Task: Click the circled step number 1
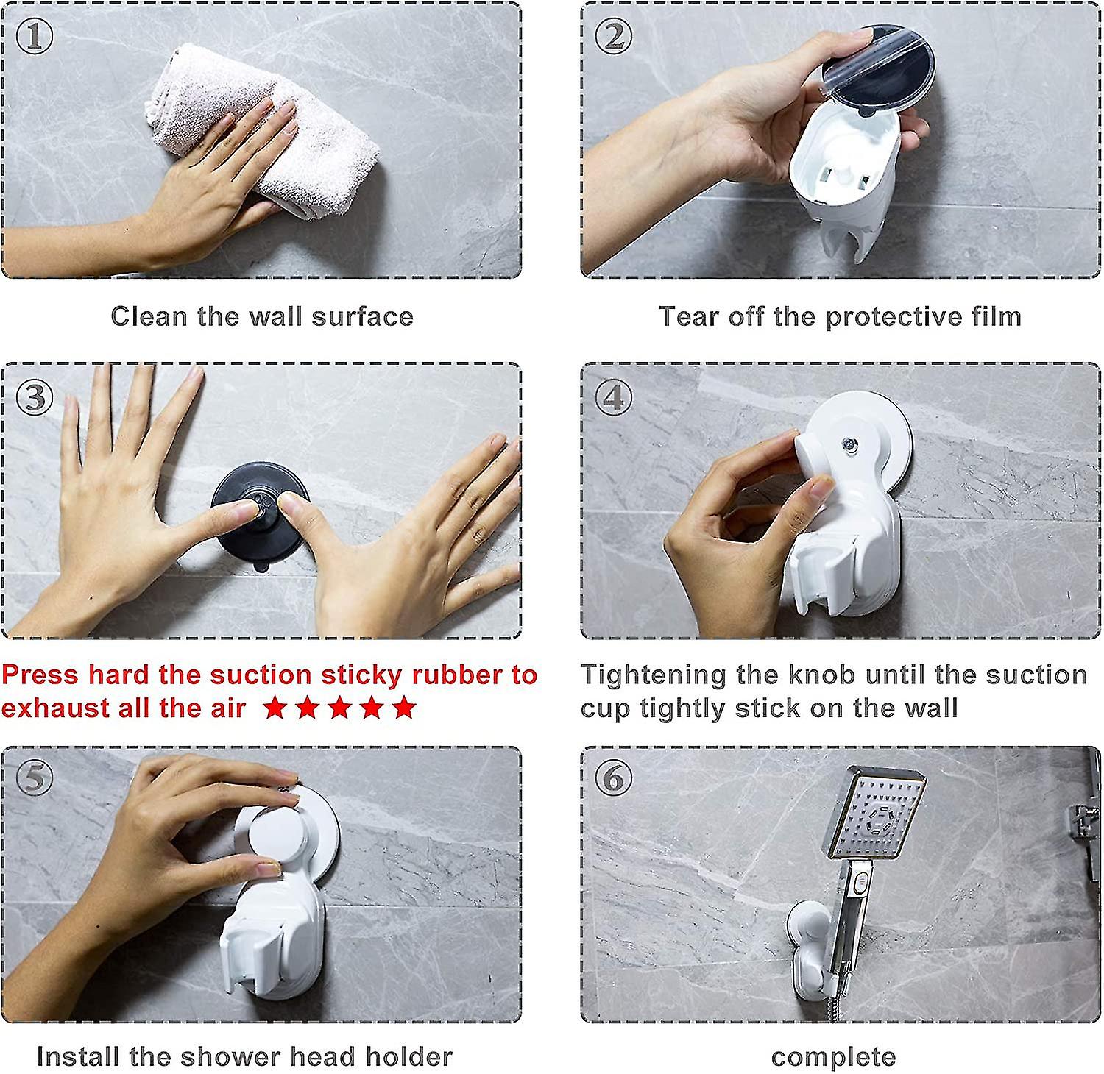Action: [34, 37]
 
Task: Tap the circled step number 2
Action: [613, 37]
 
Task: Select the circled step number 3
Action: [34, 397]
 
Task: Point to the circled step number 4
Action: [613, 397]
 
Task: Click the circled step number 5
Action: [34, 779]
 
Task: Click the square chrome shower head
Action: [876, 813]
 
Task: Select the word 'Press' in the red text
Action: [40, 675]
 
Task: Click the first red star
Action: [275, 708]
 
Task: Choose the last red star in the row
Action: [403, 708]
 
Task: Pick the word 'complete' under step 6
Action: [833, 1057]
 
